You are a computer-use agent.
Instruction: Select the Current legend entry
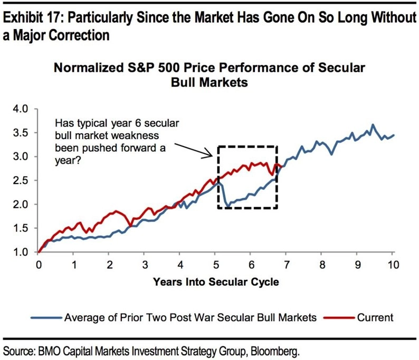pos(374,317)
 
